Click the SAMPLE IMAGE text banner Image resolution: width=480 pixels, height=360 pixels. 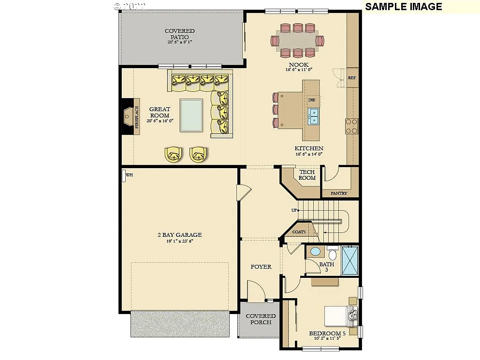point(403,7)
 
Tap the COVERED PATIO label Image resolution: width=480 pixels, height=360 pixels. point(179,34)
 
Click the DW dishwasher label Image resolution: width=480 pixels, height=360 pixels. point(312,100)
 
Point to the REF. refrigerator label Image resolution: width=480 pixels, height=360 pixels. point(352,77)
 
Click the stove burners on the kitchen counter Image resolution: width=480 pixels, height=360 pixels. point(351,126)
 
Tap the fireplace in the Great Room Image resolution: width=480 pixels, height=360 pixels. point(129,116)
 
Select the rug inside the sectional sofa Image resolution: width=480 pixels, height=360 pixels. point(191,115)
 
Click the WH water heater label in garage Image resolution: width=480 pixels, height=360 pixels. point(129,175)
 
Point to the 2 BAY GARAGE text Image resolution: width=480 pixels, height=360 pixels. point(179,235)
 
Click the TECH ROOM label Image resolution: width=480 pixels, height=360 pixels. point(307,175)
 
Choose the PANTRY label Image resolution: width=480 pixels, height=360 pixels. point(339,193)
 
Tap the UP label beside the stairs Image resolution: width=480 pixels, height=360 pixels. point(294,210)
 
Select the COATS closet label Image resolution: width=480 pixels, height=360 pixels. point(299,232)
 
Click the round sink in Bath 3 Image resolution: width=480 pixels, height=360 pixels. point(315,252)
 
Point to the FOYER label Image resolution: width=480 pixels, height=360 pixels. point(261,267)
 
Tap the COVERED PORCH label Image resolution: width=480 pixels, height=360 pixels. point(261,319)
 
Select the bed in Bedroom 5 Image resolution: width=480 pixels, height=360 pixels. point(339,316)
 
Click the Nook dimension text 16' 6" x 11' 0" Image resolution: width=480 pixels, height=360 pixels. point(299,70)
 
